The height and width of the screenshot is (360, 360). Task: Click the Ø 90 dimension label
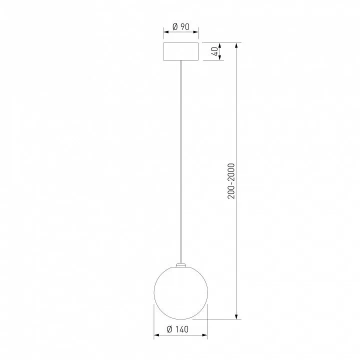181,27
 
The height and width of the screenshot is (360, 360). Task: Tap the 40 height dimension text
215,51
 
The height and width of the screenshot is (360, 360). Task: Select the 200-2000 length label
231,181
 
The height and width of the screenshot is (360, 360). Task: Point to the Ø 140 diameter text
177,329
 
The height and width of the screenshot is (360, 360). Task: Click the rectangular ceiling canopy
181,51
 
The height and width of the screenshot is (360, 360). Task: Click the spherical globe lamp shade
181,292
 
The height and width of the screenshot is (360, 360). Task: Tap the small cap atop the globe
181,264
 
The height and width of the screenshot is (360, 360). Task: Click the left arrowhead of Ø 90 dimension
166,32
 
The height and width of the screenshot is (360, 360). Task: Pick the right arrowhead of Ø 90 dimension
195,32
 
